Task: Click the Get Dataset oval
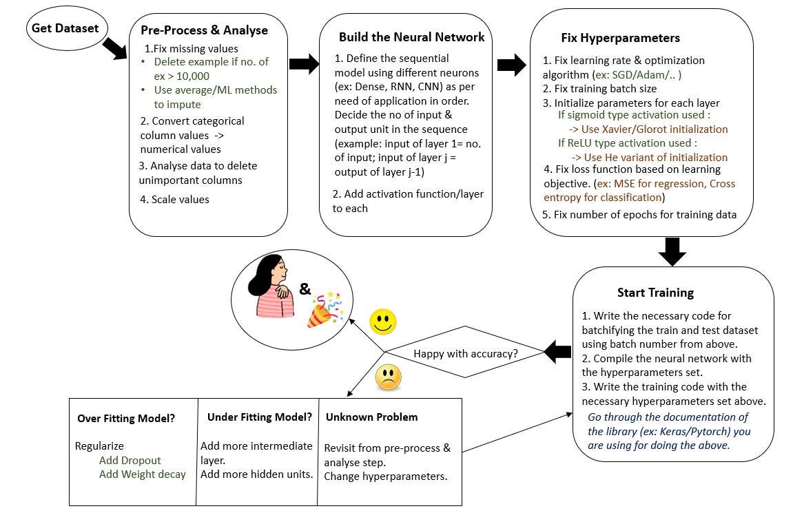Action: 63,29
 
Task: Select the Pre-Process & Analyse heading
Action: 204,30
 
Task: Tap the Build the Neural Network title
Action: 411,37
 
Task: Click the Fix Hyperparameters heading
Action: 621,38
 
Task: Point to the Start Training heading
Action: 655,293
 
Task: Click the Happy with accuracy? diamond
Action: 465,353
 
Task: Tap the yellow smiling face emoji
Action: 384,321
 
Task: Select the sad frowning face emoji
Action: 388,377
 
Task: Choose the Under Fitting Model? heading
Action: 259,417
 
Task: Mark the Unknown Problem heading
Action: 371,417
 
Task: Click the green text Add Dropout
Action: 130,460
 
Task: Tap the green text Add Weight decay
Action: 142,474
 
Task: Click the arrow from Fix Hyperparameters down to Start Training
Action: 672,251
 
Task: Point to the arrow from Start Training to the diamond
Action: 557,353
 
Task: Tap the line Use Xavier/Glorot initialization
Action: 648,129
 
